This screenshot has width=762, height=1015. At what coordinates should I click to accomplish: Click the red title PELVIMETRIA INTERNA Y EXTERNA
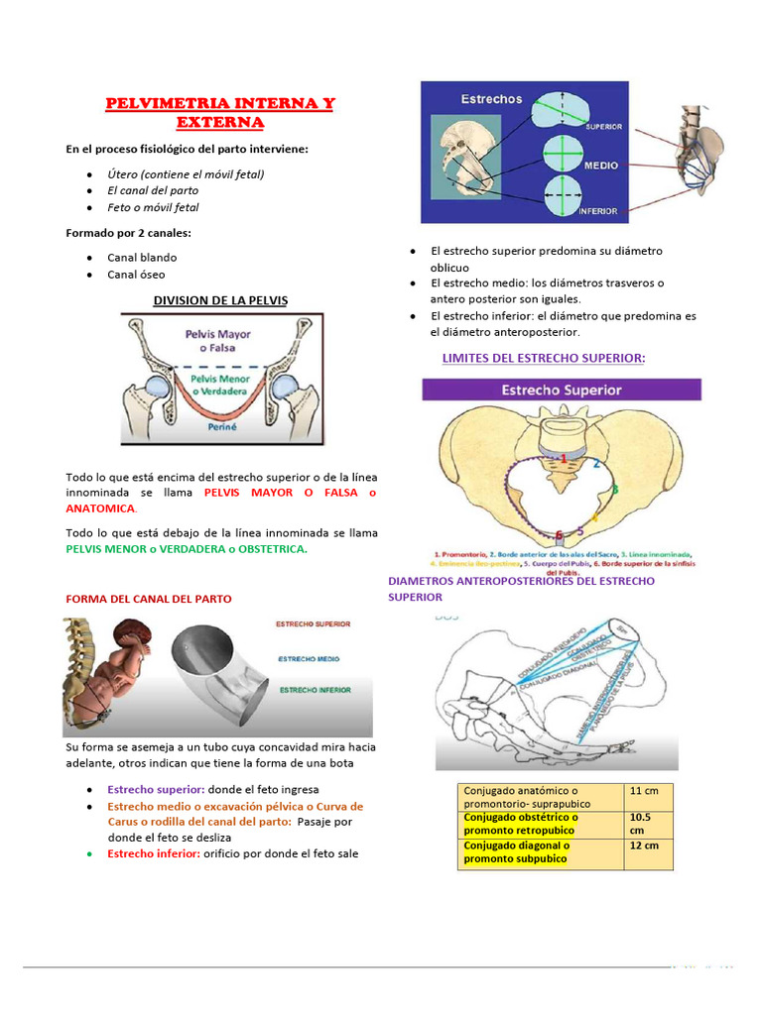coord(220,112)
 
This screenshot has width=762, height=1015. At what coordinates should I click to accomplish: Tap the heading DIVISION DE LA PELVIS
coord(220,300)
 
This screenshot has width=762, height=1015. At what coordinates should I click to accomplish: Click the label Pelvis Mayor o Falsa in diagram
coord(217,341)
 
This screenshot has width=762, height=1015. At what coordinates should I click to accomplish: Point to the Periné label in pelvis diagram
coord(221,428)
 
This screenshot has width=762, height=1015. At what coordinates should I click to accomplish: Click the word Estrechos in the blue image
coord(490,99)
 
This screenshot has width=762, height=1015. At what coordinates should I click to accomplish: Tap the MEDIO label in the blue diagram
coord(599,165)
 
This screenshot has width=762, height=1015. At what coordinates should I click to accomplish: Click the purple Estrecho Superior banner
coord(562,390)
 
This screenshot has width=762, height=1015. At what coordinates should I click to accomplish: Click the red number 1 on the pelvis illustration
coord(564,458)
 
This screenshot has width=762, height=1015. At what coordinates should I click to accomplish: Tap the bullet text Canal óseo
coord(137,275)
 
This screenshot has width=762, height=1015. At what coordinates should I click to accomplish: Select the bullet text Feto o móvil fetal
coord(153,208)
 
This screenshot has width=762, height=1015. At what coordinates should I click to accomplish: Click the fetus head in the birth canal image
coord(127,634)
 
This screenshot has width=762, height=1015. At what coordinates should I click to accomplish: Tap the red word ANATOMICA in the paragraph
coord(100,507)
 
